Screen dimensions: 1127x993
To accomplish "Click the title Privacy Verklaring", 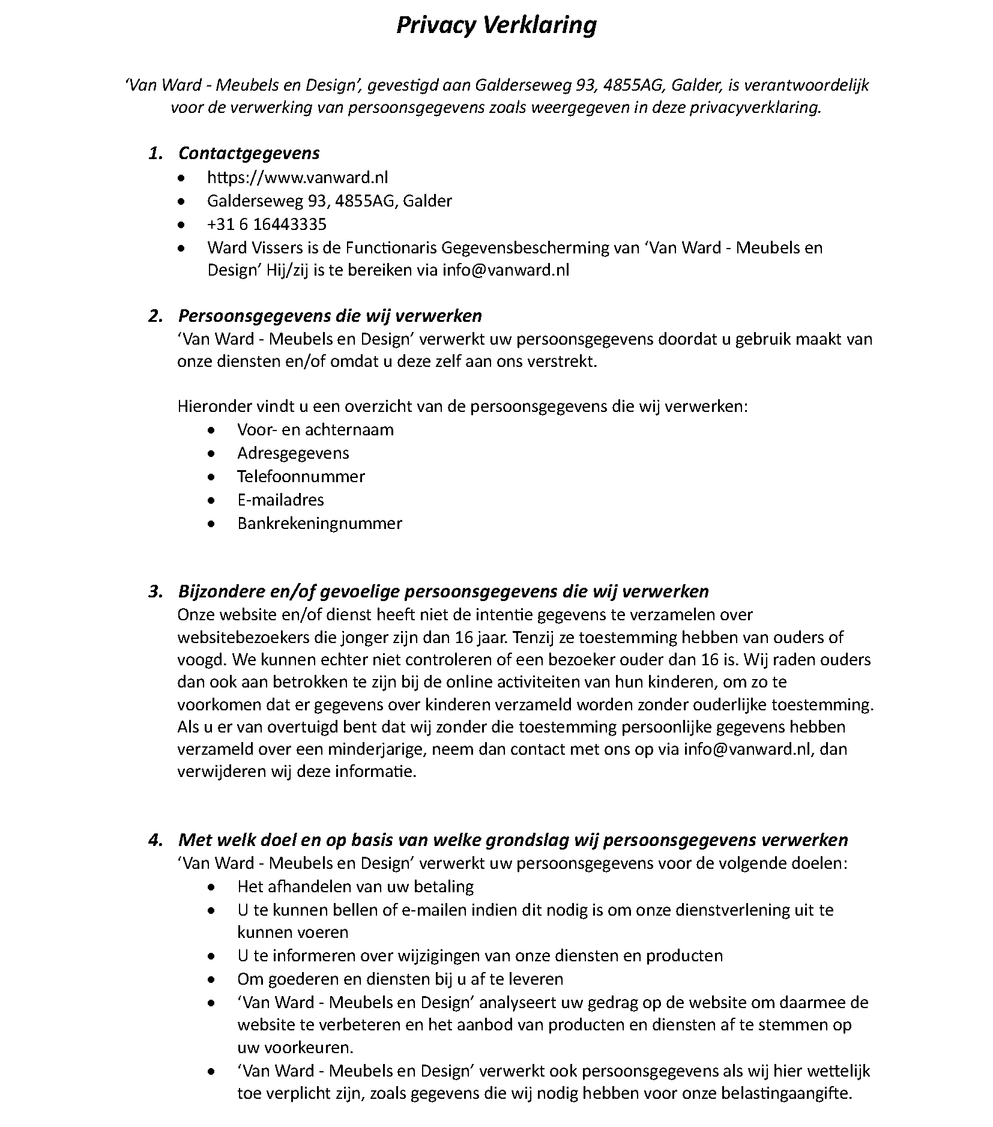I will coord(496,26).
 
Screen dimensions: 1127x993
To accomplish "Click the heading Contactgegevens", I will coord(249,153).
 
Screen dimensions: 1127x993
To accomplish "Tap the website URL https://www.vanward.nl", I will coord(297,177).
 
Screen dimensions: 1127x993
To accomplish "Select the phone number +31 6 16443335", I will coord(267,224).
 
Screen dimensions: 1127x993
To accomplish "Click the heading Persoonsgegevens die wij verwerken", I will coord(330,316).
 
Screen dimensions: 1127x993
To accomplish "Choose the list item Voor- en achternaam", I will coord(315,430).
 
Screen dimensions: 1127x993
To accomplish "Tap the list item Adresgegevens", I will coord(293,453).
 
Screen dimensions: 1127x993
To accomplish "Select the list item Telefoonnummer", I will coord(301,477).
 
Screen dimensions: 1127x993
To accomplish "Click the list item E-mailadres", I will coord(280,500).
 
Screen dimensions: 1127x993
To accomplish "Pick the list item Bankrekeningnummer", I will coord(319,524).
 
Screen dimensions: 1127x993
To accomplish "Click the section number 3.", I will coord(155,592).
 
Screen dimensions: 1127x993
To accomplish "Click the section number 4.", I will coord(155,840).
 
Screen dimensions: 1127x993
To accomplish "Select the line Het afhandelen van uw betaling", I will coord(355,887).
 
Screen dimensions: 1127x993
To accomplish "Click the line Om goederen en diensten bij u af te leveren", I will coord(400,979).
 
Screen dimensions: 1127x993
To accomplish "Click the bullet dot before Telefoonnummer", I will coord(211,477).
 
